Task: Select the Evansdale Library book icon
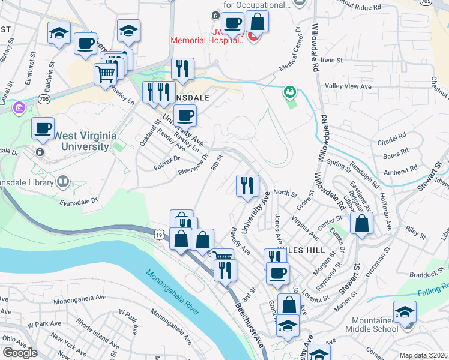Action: click(x=63, y=181)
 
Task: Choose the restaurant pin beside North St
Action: click(x=247, y=187)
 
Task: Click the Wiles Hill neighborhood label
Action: click(x=307, y=250)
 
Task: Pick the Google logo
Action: click(x=20, y=353)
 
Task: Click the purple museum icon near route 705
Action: click(x=19, y=108)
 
